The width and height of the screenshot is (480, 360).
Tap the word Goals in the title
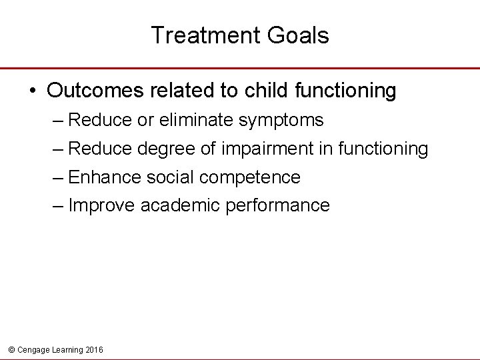299,35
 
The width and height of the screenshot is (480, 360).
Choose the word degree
166,149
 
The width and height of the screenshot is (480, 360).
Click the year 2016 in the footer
94,349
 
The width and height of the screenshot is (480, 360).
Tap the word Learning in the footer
65,349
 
